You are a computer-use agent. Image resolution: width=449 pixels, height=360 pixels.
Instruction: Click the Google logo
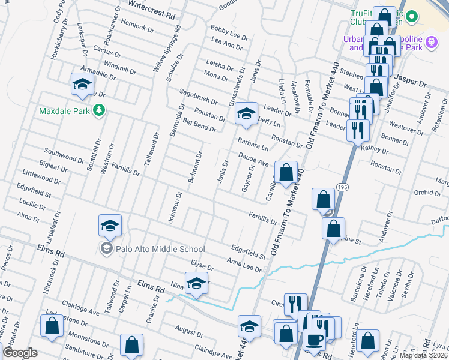[20, 353]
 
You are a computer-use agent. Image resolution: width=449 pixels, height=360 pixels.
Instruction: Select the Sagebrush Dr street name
[199, 97]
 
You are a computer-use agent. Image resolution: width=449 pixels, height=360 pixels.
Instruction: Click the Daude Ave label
[253, 159]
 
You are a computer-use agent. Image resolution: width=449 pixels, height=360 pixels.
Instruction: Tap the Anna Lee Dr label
[244, 263]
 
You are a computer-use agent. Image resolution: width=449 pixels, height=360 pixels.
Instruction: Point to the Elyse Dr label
[202, 265]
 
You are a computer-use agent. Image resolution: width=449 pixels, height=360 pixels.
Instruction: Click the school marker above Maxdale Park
[82, 85]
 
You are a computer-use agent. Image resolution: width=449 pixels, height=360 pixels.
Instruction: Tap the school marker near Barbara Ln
[246, 113]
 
